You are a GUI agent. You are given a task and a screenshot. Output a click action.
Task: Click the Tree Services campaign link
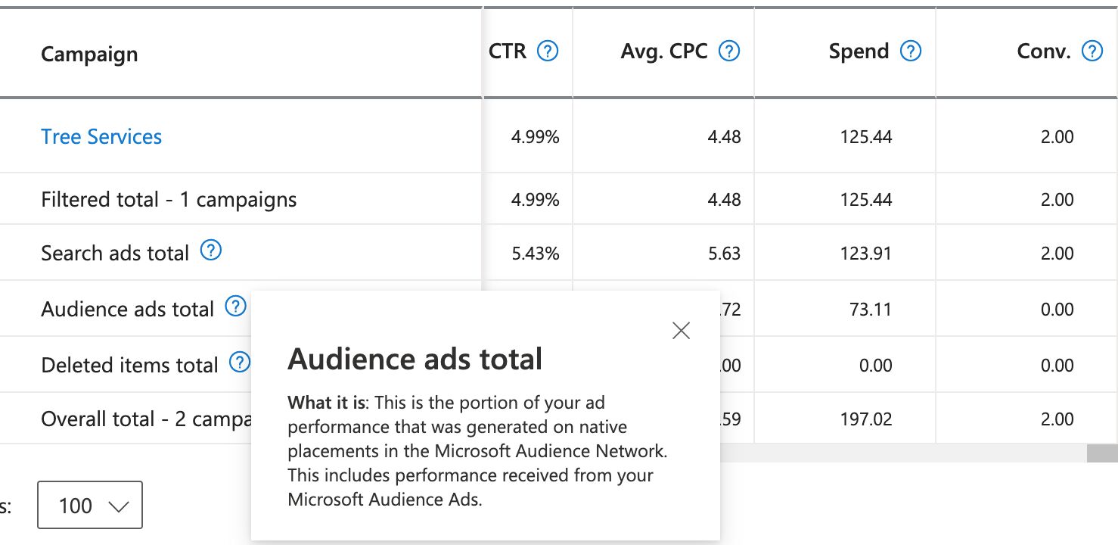click(x=101, y=137)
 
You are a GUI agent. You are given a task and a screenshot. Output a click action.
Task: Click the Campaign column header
click(x=89, y=54)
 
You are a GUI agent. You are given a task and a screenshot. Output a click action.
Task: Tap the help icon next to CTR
click(x=547, y=51)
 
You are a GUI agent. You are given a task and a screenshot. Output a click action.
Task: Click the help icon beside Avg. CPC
click(x=728, y=51)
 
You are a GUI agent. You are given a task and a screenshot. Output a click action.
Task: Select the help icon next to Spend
click(x=911, y=51)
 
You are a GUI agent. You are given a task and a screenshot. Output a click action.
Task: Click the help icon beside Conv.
click(x=1092, y=51)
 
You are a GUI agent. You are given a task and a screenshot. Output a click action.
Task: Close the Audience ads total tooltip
click(x=681, y=331)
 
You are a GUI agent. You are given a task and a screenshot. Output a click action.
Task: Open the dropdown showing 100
click(x=90, y=505)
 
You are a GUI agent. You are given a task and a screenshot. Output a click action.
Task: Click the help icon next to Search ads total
click(x=211, y=251)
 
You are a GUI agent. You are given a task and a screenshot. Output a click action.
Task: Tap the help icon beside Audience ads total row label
click(x=236, y=307)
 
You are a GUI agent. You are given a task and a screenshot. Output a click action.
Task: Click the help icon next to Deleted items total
click(x=240, y=363)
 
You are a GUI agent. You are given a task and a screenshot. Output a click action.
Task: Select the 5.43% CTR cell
click(x=536, y=254)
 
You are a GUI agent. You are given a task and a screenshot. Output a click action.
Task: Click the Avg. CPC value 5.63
click(x=724, y=254)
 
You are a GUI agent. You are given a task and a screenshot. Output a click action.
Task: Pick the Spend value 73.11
click(x=870, y=310)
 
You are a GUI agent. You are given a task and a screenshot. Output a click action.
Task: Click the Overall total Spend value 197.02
click(x=866, y=419)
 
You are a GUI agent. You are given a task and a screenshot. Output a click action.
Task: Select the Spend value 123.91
click(x=866, y=254)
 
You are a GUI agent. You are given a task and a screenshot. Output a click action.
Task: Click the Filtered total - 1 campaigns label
click(x=169, y=200)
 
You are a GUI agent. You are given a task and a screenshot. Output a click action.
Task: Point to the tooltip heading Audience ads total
click(x=415, y=359)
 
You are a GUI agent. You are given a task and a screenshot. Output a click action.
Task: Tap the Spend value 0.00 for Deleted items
click(x=876, y=366)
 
